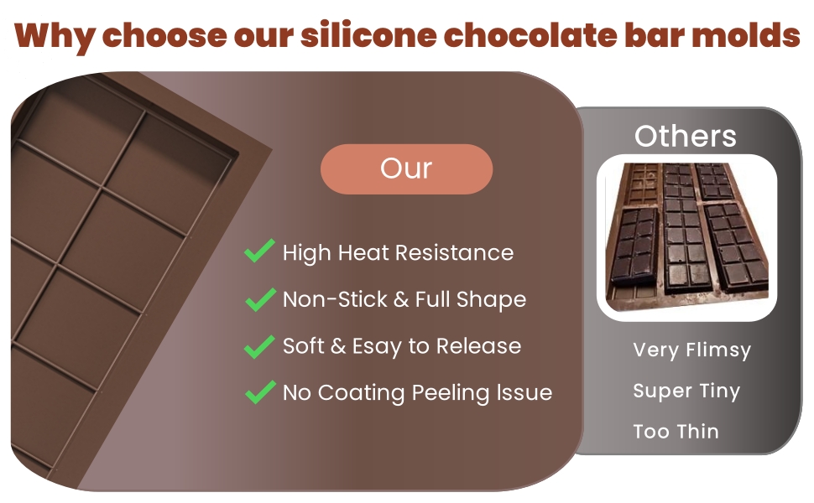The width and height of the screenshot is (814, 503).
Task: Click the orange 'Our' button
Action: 406,169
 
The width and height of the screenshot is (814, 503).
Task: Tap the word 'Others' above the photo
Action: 686,136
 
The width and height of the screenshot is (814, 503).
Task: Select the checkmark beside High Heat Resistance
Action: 259,251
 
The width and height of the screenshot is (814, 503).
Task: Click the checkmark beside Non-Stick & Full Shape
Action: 259,298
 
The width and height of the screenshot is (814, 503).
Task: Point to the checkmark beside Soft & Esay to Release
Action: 259,345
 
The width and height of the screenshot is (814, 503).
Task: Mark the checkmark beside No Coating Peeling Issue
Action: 259,392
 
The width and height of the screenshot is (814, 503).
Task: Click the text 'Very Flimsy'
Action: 691,350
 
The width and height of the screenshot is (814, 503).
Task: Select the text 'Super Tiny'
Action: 686,391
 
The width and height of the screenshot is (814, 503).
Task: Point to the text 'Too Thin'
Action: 676,432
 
